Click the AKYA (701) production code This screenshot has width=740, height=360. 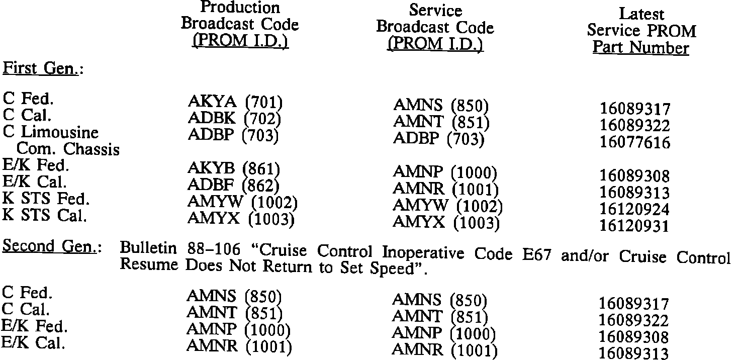point(235,103)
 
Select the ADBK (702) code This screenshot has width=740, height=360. point(234,119)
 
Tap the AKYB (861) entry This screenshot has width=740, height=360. point(234,168)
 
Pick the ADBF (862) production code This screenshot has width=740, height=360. point(234,185)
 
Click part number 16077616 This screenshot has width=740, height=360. point(635,143)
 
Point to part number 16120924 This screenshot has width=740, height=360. point(635,209)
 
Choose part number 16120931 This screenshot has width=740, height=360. point(635,226)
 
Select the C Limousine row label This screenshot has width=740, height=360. point(50,133)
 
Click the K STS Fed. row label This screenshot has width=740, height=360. point(46,199)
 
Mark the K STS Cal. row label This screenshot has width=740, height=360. point(45,215)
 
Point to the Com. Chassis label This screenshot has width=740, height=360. point(68,149)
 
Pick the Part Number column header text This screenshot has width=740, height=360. point(640,48)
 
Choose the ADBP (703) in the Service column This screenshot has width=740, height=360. point(438,139)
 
